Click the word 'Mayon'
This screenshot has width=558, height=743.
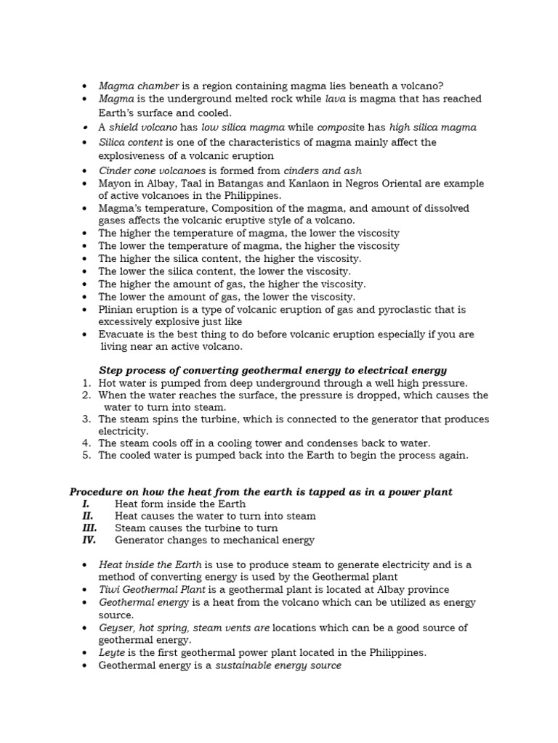pyautogui.click(x=114, y=184)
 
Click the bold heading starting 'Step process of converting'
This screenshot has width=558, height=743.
pyautogui.click(x=272, y=370)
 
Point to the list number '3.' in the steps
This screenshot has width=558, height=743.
pyautogui.click(x=86, y=419)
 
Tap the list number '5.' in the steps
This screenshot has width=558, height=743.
pyautogui.click(x=86, y=456)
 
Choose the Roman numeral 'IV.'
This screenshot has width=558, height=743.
pyautogui.click(x=88, y=540)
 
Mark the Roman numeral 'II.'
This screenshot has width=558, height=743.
pyautogui.click(x=86, y=516)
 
